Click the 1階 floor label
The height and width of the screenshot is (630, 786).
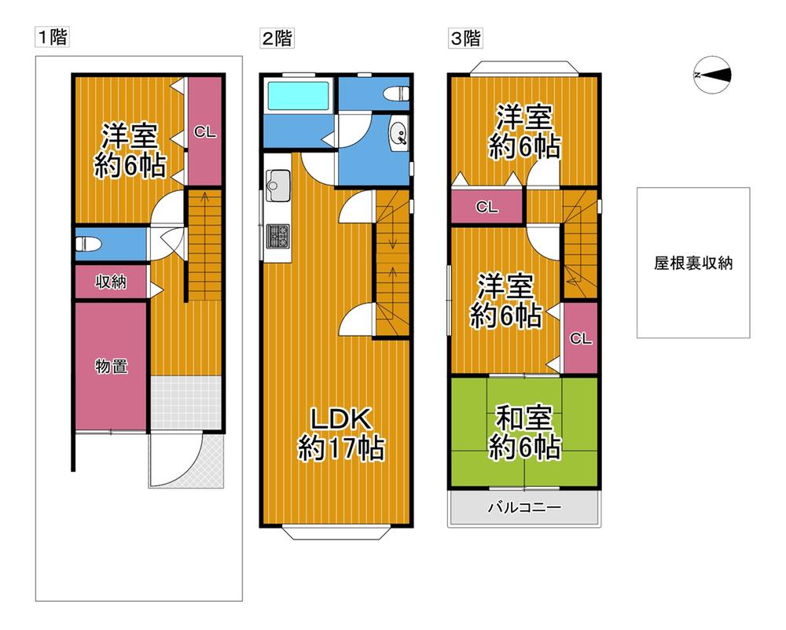point(52,37)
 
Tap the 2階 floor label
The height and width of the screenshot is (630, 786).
point(277,38)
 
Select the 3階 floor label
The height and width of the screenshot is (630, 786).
point(465,38)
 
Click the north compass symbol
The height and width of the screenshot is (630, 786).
point(712,76)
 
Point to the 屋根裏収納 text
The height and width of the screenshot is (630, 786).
point(693,263)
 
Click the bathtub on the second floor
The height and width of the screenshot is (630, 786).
point(298,95)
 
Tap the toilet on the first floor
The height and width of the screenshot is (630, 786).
point(88,245)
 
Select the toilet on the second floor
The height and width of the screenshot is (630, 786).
point(396,94)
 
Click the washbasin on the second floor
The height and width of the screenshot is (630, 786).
point(399,134)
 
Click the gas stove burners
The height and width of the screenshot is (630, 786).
point(278,236)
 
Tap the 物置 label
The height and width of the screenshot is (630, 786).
point(112,367)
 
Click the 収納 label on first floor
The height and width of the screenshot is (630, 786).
point(112,282)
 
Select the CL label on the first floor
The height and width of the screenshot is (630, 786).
point(205,132)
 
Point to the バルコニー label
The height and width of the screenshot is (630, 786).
point(525,507)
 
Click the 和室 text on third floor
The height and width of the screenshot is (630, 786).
point(524,418)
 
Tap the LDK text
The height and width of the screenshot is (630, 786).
point(341,419)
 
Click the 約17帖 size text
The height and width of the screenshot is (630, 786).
point(341,448)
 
